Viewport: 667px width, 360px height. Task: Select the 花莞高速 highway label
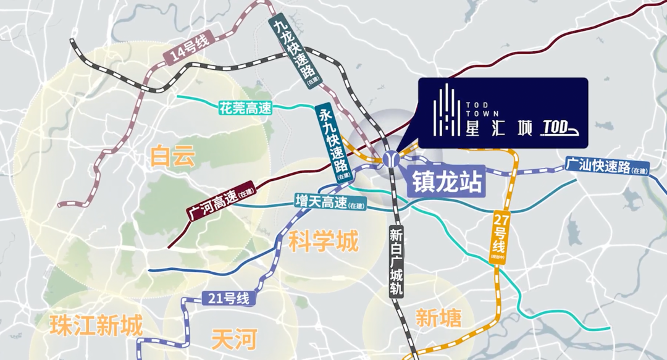(245, 108)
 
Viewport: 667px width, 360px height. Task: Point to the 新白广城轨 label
(395, 262)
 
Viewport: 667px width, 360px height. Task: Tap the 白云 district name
(172, 156)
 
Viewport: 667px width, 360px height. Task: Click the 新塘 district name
(438, 318)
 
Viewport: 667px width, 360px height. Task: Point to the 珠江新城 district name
(96, 324)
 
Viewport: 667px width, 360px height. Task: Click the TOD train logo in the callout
(562, 128)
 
